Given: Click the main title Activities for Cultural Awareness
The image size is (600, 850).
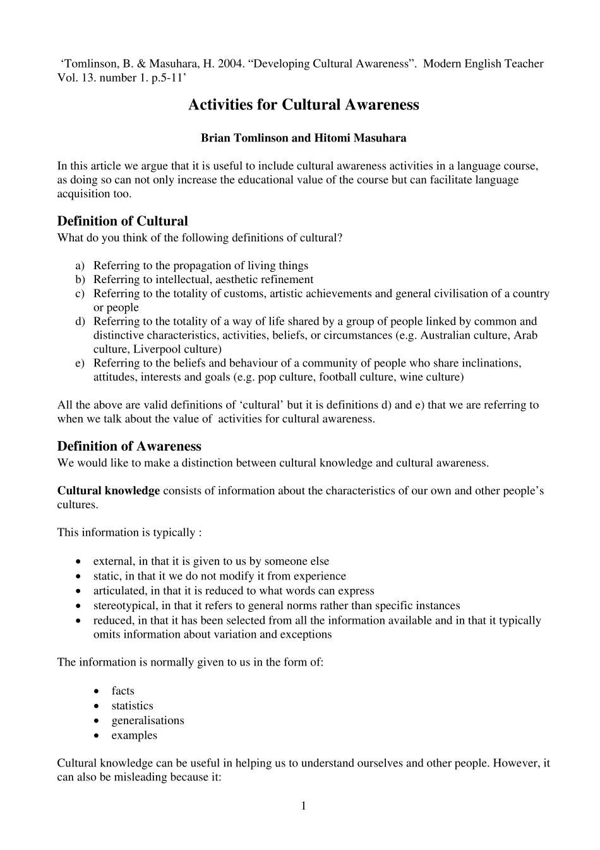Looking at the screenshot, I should click(303, 105).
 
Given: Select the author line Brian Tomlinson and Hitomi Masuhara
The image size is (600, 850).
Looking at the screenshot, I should click(303, 138).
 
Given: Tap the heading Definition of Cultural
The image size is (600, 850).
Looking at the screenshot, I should click(123, 221).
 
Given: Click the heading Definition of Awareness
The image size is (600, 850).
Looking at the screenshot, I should click(129, 446).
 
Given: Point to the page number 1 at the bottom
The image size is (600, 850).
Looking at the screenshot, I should click(303, 805).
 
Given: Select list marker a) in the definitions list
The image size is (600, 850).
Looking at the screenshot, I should click(80, 265).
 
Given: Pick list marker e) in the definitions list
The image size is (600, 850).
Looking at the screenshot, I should click(80, 363).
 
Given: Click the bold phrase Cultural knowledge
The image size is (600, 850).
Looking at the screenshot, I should click(108, 491).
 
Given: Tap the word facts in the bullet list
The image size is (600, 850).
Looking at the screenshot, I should click(123, 691).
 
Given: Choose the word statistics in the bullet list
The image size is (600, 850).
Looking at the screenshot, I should click(132, 706).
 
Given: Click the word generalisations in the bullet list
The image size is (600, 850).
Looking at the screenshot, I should click(148, 720).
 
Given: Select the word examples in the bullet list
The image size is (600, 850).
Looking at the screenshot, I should click(134, 736).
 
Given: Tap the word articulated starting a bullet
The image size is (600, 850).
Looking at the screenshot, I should click(119, 591).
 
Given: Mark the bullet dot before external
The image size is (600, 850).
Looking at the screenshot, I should click(78, 562).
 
